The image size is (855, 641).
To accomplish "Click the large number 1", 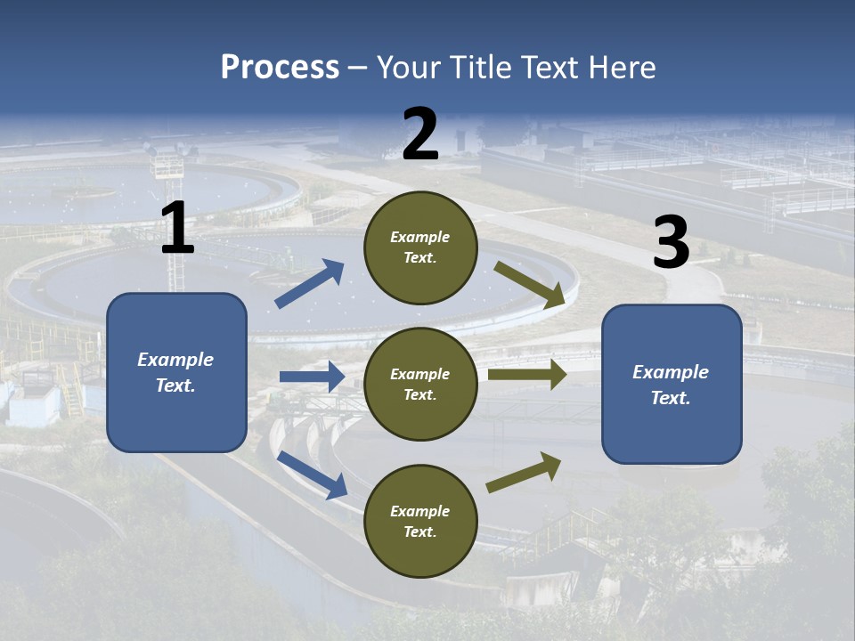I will click(177, 229).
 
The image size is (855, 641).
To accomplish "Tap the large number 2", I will click(420, 134).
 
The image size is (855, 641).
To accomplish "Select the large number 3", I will click(671, 243).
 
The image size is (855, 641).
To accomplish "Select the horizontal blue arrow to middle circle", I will click(312, 377).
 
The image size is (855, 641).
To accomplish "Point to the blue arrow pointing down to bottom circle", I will click(313, 475).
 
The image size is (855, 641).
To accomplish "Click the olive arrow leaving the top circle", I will click(529, 284).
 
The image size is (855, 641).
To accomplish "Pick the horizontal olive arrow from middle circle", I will click(527, 374).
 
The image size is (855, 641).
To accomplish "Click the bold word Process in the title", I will click(280, 67).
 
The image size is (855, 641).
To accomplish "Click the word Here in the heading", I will click(620, 67).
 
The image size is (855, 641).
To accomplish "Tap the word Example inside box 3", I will click(671, 372).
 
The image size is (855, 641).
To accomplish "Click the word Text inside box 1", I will click(175, 385).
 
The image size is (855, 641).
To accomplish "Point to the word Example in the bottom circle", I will click(420, 511).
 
